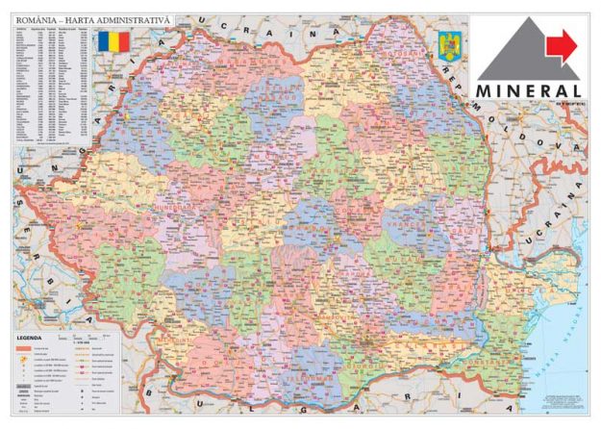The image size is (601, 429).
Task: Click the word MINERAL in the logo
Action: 531,88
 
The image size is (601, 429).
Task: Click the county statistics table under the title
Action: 53,87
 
